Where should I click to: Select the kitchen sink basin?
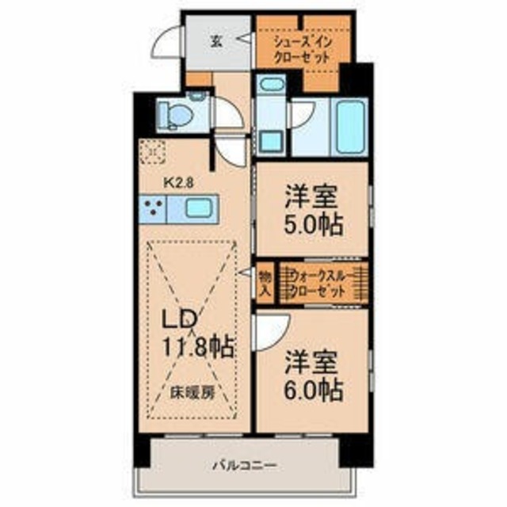[198, 209]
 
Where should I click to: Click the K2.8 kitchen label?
[178, 181]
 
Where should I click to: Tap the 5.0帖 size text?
[314, 224]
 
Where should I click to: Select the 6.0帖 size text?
[314, 389]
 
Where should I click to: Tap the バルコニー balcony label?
[243, 466]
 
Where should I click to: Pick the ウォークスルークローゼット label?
[319, 283]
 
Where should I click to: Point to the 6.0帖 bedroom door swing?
[271, 326]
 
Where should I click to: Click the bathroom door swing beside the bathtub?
[302, 115]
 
